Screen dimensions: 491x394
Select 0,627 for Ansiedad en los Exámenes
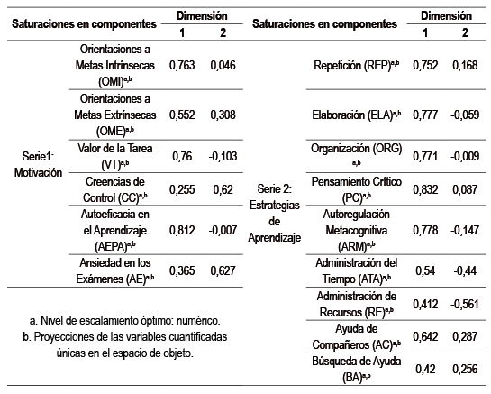(x=221, y=268)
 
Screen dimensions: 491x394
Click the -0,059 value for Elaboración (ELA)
(x=465, y=115)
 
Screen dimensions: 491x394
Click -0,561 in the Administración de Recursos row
(x=465, y=306)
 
